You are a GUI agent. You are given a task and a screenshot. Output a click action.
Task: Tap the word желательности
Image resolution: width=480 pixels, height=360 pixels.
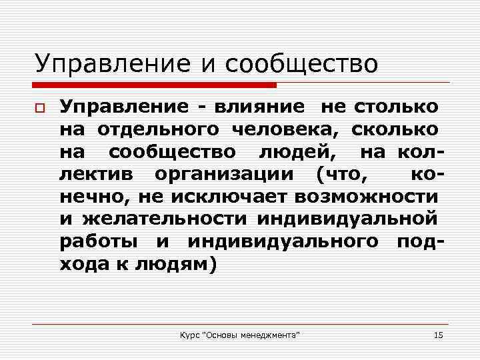pyautogui.click(x=166, y=219)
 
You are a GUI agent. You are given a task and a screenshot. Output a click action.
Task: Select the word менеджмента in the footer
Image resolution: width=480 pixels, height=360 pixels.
pyautogui.click(x=270, y=333)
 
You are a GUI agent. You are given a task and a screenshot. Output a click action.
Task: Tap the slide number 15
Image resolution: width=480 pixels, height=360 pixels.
pyautogui.click(x=438, y=333)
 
